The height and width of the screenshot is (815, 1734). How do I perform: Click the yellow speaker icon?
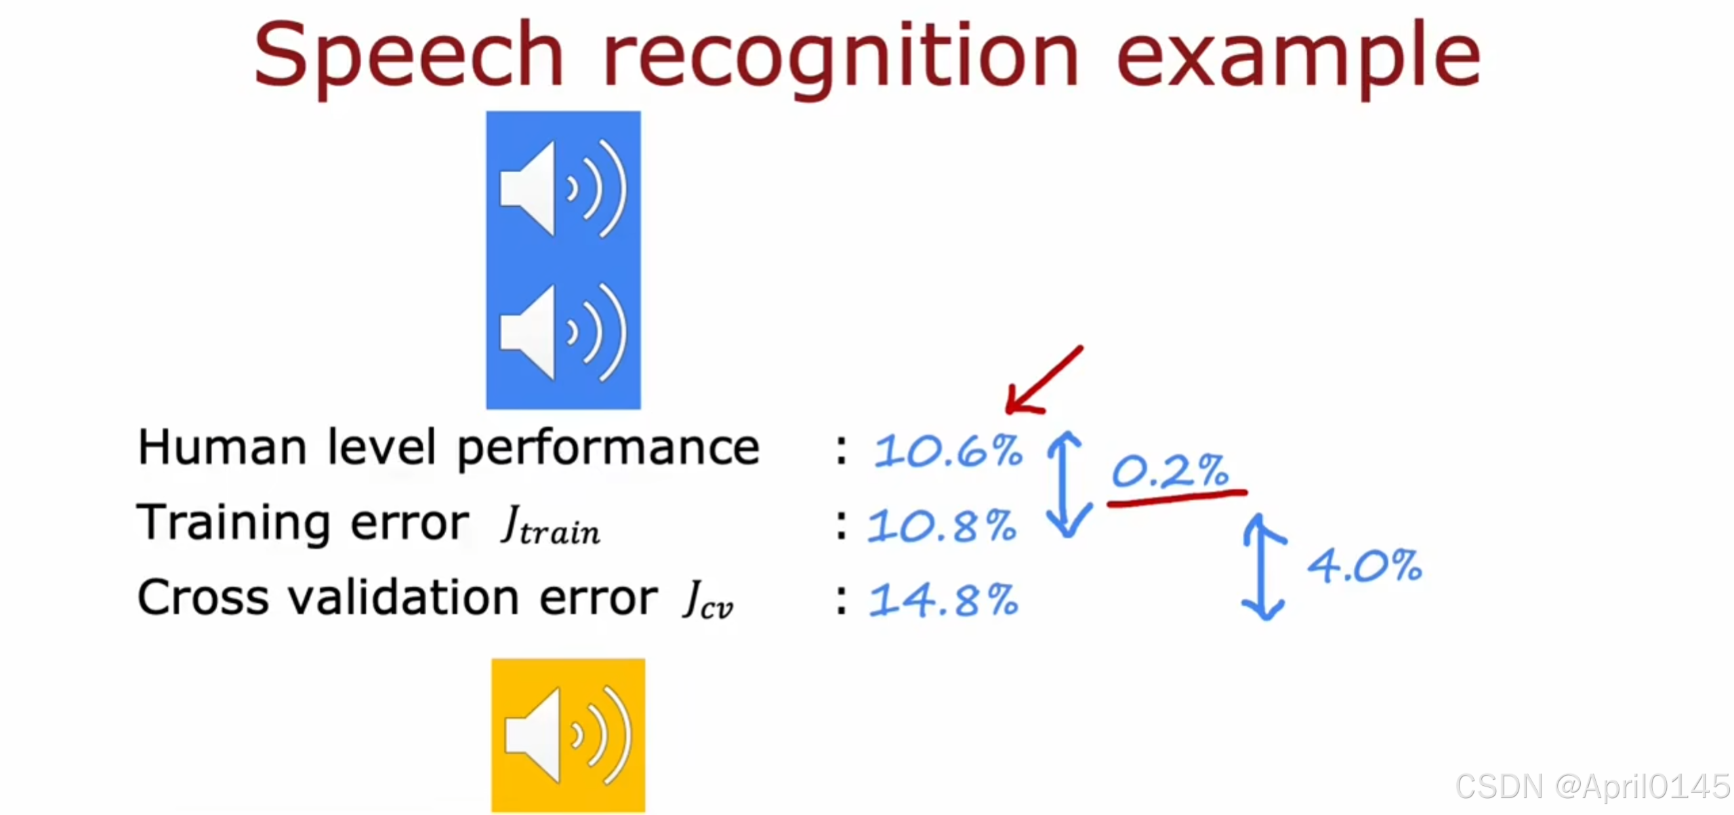568,735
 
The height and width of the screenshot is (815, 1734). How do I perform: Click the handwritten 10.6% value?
948,451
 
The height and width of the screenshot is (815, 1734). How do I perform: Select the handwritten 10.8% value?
943,525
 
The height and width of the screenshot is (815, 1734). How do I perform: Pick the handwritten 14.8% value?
944,600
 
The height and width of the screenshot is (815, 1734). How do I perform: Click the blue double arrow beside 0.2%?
1067,485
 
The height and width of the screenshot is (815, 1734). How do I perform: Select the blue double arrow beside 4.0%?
1263,567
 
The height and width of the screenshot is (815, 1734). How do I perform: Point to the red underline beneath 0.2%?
1176,498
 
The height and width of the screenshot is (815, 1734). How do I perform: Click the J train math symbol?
550,525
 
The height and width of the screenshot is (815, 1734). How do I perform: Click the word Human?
222,448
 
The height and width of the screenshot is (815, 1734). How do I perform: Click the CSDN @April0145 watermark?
1592,787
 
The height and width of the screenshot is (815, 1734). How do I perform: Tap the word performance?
608,449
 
